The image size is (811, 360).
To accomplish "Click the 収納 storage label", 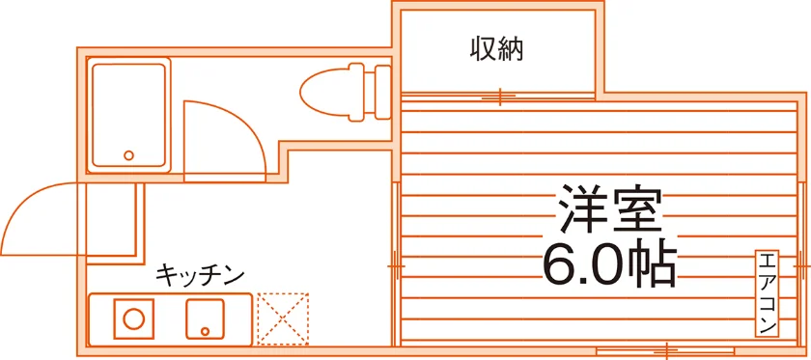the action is coord(496,49).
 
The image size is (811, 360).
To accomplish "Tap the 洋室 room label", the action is coord(609,208).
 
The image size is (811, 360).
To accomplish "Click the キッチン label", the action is coord(200,275).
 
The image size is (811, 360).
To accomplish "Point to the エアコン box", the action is coord(767,293).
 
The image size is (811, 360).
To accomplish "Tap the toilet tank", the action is coord(382,92).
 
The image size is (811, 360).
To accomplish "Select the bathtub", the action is coord(128,115).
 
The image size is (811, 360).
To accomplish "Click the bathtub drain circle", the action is coord(128,155).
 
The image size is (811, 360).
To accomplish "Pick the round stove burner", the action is coord(134,318).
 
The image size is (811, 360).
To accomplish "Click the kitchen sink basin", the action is coord(206,319).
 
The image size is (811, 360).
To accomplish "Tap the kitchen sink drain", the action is coord(206,331).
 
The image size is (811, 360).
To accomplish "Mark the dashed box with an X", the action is coord(282,319).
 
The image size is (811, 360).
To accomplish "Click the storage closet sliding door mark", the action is coord(500,97).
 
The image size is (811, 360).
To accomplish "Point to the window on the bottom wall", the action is coord(667,350).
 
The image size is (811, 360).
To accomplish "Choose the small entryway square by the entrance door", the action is coord(111,219).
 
